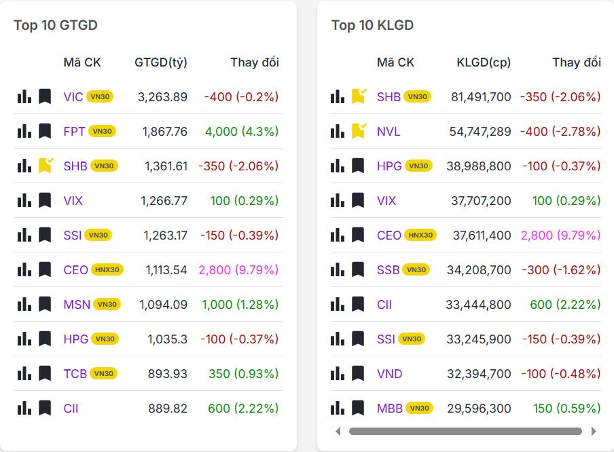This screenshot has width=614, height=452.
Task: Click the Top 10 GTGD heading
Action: (56, 25)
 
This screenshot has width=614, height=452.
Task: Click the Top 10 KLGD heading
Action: (372, 25)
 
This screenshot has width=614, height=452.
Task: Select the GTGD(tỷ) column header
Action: (161, 62)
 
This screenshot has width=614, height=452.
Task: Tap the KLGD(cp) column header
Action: (484, 62)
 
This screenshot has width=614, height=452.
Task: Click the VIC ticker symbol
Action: (73, 96)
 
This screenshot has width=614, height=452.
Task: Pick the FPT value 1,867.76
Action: (165, 131)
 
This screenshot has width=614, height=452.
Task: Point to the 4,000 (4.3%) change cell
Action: (242, 131)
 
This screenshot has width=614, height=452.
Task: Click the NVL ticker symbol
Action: (389, 131)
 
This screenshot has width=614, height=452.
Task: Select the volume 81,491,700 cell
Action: (481, 96)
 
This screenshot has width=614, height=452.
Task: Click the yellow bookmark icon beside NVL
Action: (358, 130)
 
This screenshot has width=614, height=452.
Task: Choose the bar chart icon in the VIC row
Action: (24, 96)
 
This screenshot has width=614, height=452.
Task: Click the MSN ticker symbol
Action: (77, 304)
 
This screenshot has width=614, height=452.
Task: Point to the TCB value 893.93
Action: (168, 373)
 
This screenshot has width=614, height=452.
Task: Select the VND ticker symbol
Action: (390, 373)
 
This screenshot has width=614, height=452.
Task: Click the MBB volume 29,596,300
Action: (479, 408)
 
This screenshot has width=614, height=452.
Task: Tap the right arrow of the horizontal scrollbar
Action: (594, 431)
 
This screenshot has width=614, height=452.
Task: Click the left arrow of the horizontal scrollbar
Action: (338, 431)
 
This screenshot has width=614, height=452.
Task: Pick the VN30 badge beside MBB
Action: (420, 408)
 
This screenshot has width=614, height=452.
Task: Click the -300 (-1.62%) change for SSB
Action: (561, 269)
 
